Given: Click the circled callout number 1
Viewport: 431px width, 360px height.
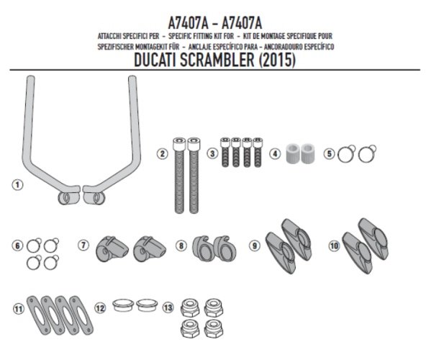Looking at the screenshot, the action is [x=17, y=184].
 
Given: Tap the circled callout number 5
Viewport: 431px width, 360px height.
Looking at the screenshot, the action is [x=329, y=154].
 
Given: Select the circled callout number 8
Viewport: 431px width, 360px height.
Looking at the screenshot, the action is [x=181, y=246].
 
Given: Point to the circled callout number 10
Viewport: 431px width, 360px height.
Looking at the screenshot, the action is [x=335, y=246].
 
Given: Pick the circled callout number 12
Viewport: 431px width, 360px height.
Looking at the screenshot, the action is [x=100, y=308].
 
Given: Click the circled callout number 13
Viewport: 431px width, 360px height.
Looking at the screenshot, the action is [x=168, y=307].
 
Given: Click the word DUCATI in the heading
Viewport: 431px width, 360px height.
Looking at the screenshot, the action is [x=155, y=60].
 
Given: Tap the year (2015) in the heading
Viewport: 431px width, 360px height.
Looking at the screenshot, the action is [x=277, y=60].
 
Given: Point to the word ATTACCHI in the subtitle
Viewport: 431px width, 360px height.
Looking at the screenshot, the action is [x=109, y=36].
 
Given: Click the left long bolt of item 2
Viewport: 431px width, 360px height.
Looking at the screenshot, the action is [x=179, y=176].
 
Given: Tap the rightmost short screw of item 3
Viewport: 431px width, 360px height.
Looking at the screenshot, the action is [x=258, y=152].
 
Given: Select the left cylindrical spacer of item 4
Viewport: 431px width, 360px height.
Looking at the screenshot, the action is [x=292, y=153].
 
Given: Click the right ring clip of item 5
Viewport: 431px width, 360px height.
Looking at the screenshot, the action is [x=367, y=153].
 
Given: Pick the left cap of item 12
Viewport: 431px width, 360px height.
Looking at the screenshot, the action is [x=123, y=305].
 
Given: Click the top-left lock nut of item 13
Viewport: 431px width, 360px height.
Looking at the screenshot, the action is [x=190, y=308].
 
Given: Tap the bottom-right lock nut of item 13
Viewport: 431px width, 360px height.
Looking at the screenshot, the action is [x=214, y=328].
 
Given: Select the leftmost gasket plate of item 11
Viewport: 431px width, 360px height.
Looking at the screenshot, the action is [x=39, y=315].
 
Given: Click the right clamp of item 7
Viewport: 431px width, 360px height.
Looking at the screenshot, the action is [x=150, y=249].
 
